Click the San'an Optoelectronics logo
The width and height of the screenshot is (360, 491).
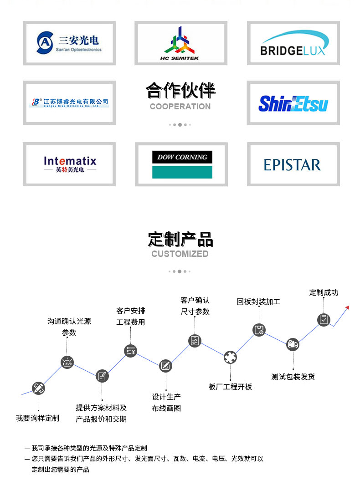69,43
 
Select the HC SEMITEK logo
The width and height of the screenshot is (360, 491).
181,43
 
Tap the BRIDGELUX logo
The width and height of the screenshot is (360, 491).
293,43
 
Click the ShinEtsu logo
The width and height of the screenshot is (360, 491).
293,103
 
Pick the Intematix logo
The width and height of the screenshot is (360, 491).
70,164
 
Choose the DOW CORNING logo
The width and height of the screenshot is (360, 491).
182,164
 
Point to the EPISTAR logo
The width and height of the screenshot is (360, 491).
293,164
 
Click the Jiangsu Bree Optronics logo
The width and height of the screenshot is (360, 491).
69,102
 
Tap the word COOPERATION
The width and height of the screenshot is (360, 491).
180,107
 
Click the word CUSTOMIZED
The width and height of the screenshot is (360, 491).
180,254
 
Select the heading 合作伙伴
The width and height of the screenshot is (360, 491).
180,90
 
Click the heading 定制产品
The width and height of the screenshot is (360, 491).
180,239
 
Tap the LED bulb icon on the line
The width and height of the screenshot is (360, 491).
67,363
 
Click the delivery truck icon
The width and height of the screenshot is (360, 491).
293,344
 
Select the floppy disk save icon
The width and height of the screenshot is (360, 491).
259,330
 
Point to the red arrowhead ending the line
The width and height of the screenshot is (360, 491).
347,307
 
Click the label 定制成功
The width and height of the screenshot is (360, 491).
324,292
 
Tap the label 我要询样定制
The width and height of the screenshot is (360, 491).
37,418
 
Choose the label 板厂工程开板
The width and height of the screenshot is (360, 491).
230,387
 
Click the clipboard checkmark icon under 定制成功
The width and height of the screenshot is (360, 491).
324,320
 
